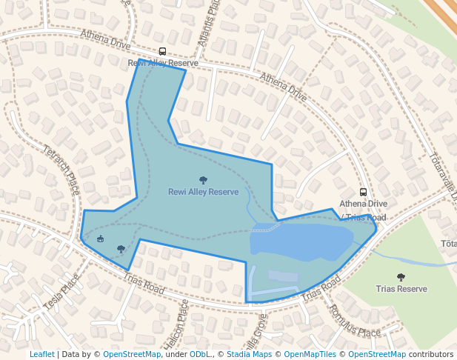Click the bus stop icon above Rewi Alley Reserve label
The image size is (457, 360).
[162, 53]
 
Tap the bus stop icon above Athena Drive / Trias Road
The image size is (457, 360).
[363, 192]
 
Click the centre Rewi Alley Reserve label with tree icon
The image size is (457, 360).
[203, 192]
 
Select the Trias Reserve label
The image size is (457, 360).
[401, 289]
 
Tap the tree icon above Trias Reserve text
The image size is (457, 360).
[401, 277]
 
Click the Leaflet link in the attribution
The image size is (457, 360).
[41, 354]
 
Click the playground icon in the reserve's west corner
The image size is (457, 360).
[101, 239]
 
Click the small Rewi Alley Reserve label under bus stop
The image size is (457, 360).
[158, 64]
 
